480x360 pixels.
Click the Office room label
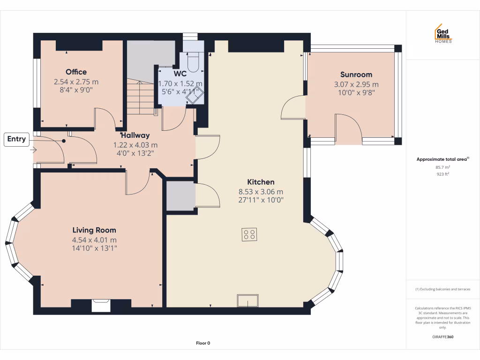pos(76,72)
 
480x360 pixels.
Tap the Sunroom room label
pos(356,75)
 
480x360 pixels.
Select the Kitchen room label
pos(261,182)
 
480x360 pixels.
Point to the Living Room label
pos(94,230)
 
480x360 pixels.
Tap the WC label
pos(180,74)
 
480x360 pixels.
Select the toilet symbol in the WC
pos(193,60)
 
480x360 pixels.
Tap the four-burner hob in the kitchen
pos(249,234)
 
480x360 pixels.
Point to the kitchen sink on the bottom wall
pos(248,300)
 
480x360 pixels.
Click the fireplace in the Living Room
pos(101,305)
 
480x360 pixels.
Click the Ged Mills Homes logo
pos(443,34)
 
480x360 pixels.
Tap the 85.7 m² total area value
pos(443,167)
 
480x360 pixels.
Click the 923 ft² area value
pos(443,174)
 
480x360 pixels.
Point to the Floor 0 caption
pos(203,343)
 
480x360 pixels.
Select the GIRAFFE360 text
pos(443,337)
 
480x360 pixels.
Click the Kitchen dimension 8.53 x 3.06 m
pos(261,192)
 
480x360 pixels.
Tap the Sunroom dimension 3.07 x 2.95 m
pos(356,84)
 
